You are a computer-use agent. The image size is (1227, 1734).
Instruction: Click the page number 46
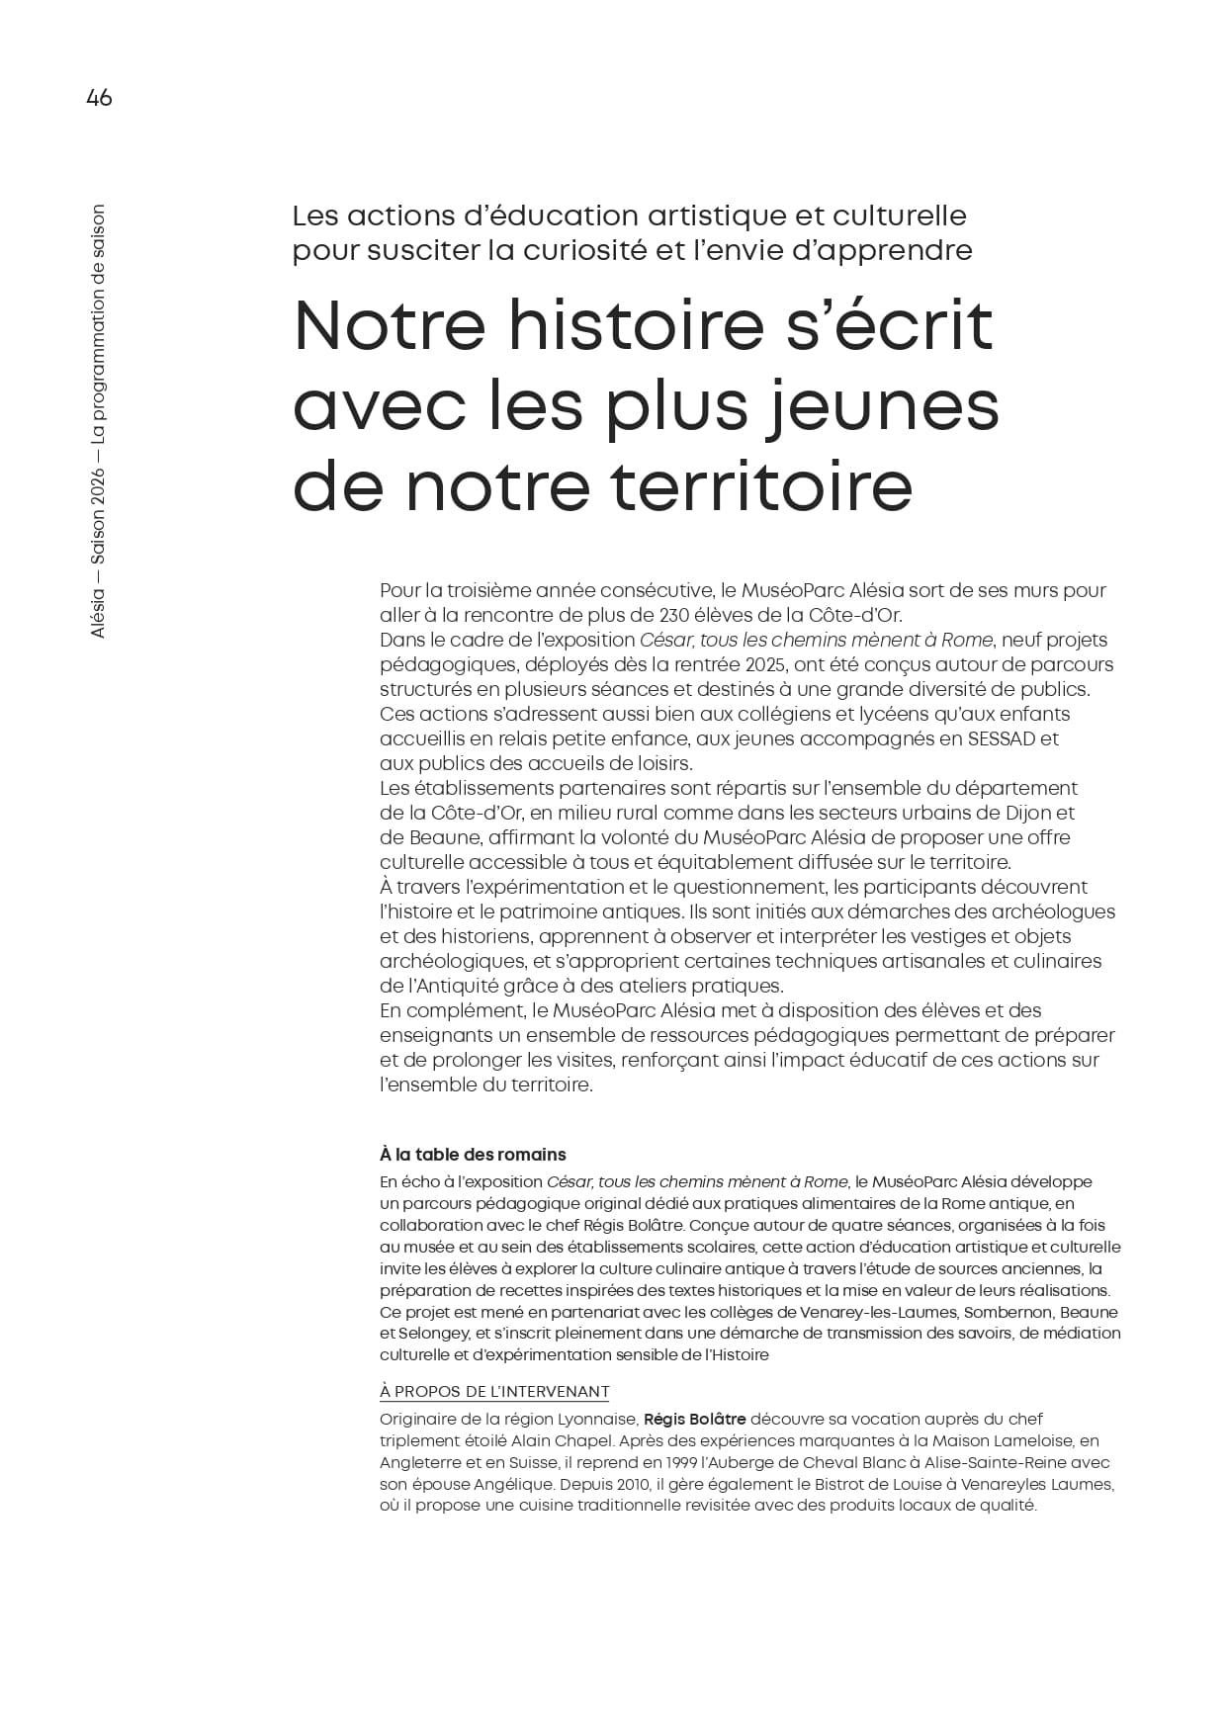coord(99,98)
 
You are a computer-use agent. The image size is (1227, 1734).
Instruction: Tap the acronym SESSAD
coord(1000,738)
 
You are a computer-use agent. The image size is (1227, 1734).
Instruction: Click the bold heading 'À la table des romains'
coord(473,1155)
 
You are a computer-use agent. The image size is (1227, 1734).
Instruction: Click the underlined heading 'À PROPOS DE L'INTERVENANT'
coord(494,1392)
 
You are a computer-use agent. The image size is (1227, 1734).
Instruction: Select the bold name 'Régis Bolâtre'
coord(694,1420)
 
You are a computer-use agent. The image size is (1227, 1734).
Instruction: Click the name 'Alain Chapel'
coord(531,1441)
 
